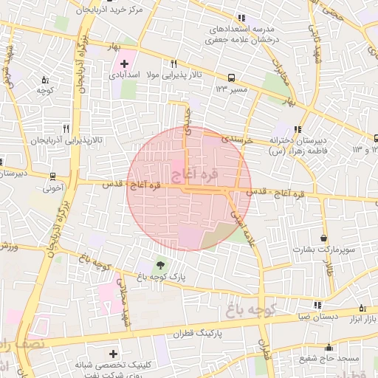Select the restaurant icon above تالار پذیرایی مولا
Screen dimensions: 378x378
point(174,63)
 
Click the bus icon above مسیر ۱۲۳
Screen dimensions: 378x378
point(232,77)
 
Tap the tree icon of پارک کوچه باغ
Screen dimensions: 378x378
point(161,264)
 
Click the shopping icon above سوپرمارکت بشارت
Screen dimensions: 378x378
point(324,238)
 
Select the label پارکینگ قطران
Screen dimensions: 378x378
point(199,334)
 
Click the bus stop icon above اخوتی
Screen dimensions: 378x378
point(52,176)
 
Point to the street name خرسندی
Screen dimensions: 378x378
point(238,138)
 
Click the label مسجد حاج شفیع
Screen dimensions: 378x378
point(329,359)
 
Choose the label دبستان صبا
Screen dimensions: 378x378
point(317,317)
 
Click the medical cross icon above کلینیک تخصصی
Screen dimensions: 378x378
point(112,354)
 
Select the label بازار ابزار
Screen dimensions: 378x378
point(362,318)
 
